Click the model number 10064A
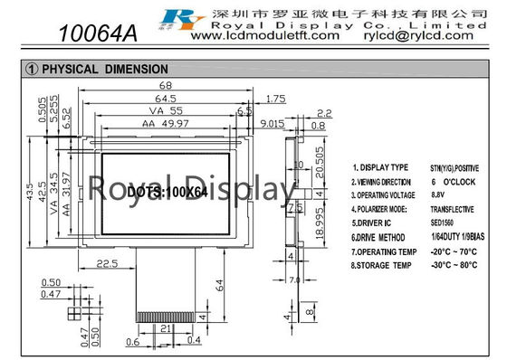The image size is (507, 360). pyautogui.click(x=97, y=33)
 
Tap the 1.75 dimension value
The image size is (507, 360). pyautogui.click(x=277, y=98)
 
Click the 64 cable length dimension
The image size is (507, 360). pyautogui.click(x=220, y=285)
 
